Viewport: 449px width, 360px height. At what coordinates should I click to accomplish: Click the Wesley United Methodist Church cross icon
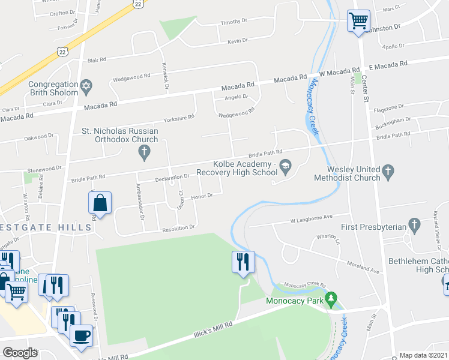(388, 173)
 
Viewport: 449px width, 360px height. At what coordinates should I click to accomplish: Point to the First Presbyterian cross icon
(414, 226)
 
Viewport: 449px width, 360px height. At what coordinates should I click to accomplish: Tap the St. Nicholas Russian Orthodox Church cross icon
(143, 155)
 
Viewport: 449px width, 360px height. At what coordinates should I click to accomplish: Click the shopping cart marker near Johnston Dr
(358, 22)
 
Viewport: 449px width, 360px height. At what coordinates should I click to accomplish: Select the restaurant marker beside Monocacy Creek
(244, 262)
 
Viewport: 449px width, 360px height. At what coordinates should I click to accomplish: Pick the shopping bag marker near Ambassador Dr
(100, 203)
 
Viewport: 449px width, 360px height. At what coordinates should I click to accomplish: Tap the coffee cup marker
(81, 334)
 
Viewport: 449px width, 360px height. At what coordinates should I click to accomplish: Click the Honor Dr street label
(202, 196)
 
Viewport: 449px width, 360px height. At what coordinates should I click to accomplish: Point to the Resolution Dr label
(178, 228)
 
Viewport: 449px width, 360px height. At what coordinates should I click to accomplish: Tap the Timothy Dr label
(234, 22)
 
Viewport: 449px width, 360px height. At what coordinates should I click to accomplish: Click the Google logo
(20, 353)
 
